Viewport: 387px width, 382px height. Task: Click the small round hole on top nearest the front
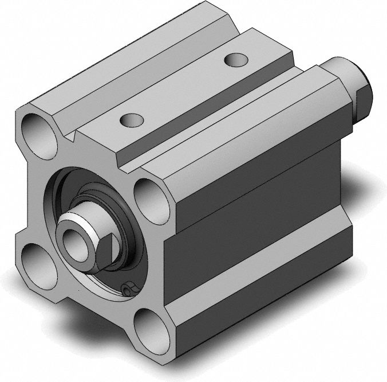pyautogui.click(x=132, y=119)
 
